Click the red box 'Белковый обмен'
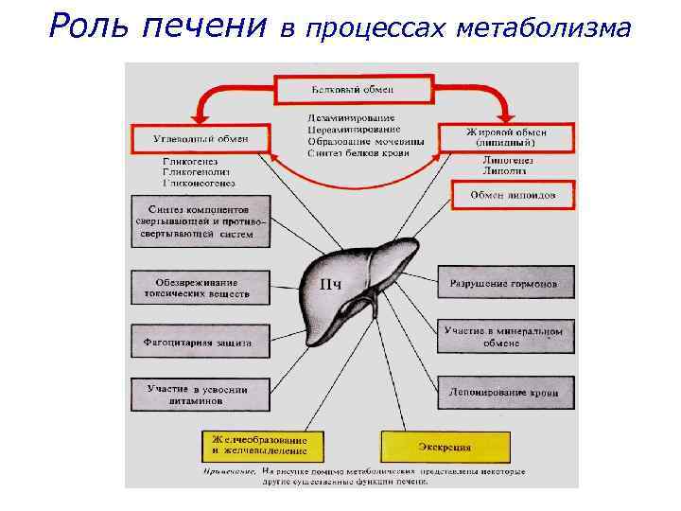click(353, 90)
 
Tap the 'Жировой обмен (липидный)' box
click(507, 136)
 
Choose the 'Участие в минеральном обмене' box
click(505, 337)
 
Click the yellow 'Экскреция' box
click(445, 446)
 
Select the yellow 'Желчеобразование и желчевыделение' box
click(261, 446)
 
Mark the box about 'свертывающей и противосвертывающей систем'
click(201, 220)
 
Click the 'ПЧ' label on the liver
click(334, 284)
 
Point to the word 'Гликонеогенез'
click(198, 182)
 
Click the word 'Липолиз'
click(502, 172)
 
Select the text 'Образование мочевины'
click(366, 141)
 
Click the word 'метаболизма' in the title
click(542, 28)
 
